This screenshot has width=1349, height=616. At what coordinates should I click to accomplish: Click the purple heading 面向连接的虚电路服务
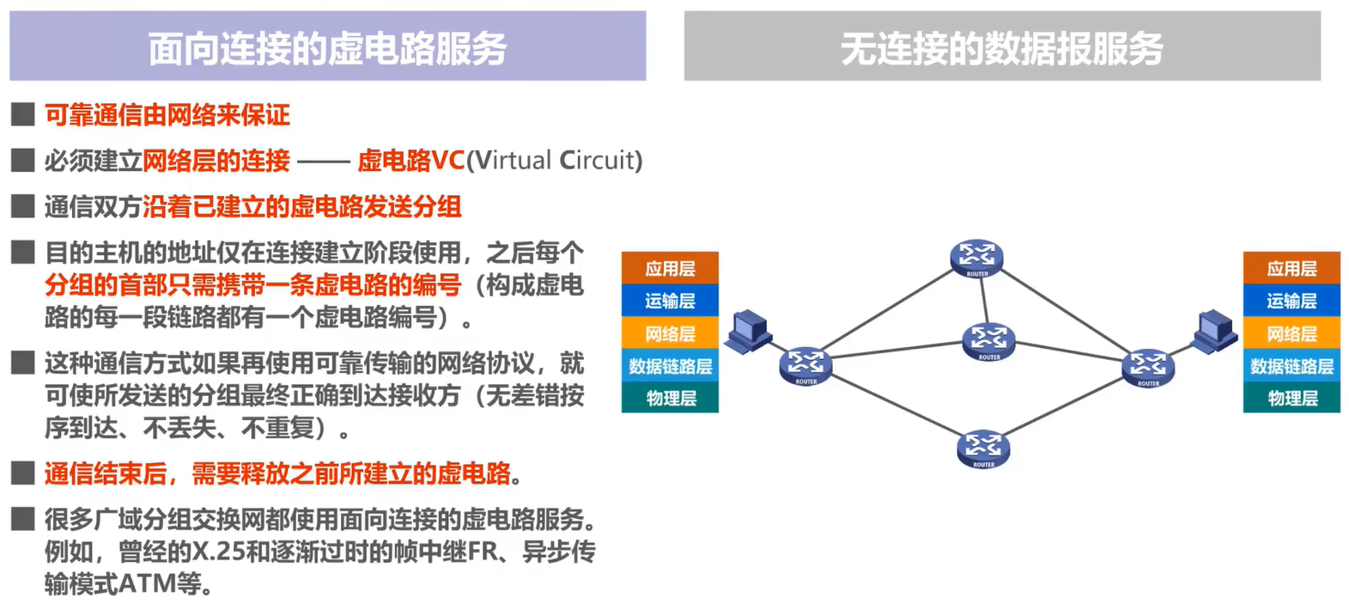coord(327,47)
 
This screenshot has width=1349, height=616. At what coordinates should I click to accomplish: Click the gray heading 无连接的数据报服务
coord(1001,47)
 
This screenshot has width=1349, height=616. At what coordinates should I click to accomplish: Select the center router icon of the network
coord(988,341)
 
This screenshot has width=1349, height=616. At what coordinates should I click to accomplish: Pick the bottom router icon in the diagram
coord(983,448)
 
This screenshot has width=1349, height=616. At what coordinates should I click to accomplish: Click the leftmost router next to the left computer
coord(805,366)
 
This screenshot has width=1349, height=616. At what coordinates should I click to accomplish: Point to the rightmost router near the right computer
coord(1148,368)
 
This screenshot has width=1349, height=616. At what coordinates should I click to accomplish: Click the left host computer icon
coord(748,331)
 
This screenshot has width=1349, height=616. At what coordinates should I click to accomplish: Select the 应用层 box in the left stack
coord(670,268)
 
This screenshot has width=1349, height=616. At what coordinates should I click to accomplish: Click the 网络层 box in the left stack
coord(670,333)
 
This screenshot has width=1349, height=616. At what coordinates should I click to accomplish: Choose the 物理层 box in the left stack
coord(670,398)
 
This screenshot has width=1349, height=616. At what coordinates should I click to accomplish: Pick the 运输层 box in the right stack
coord(1291,301)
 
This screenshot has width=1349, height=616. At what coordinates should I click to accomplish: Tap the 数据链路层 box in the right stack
coord(1291,366)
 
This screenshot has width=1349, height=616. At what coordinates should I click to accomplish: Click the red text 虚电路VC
coord(410,161)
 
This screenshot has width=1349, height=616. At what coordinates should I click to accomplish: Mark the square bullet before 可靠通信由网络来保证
coord(22,114)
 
